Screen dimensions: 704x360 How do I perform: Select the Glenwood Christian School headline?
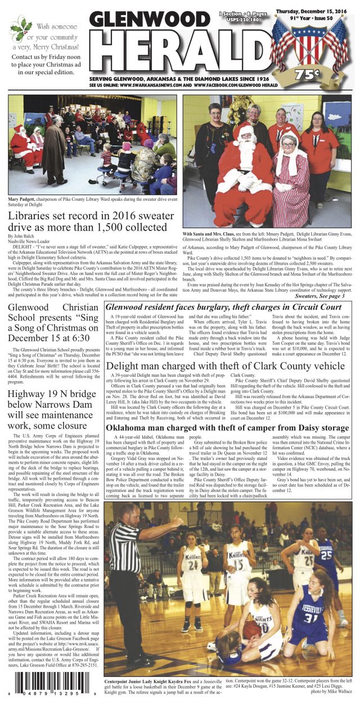pos(52,323)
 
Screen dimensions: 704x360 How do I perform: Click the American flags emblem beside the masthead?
pos(310,42)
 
